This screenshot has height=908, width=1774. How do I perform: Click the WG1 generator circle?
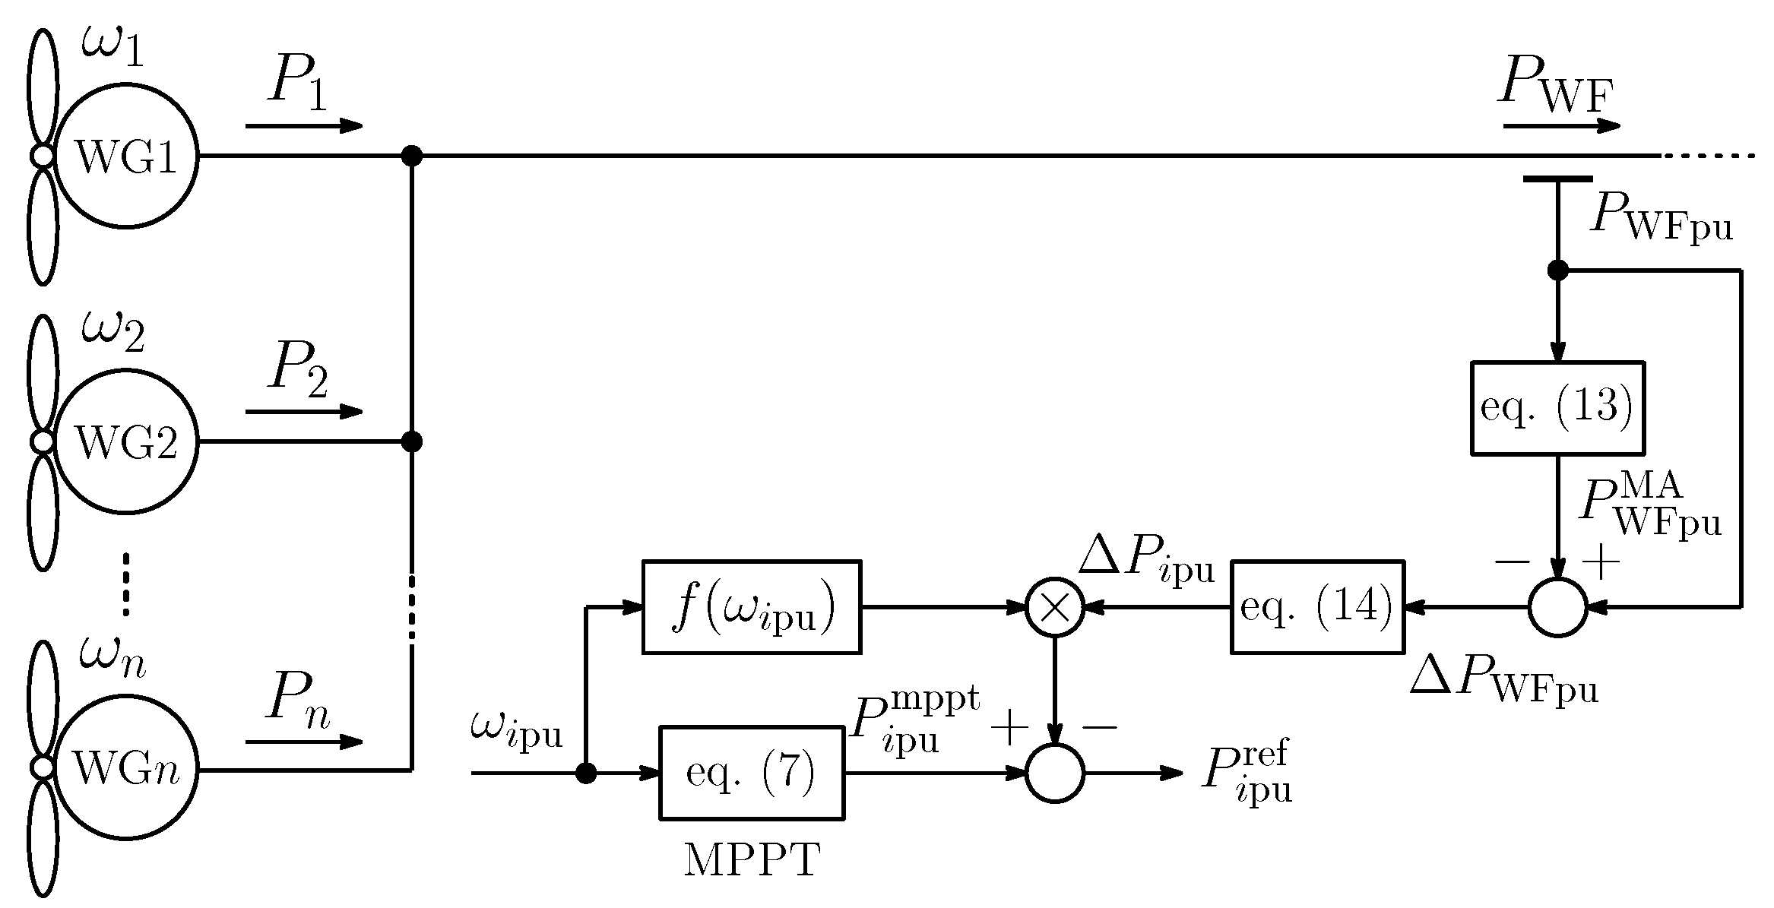click(125, 156)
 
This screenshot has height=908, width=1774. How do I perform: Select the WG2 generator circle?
click(125, 441)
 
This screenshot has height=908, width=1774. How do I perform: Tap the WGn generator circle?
click(125, 769)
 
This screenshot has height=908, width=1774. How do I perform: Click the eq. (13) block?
click(1557, 408)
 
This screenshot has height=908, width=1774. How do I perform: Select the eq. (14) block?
click(1316, 606)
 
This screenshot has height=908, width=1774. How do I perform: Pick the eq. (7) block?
click(751, 773)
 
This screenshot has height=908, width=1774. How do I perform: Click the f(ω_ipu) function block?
click(751, 606)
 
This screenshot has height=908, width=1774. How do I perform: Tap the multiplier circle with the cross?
click(1055, 607)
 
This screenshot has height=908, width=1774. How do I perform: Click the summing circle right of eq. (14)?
click(1557, 607)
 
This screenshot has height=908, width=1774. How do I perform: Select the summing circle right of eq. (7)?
click(1055, 773)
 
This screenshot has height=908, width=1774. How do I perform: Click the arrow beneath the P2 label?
click(304, 412)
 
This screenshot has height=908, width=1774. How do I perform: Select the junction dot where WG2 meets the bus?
click(411, 441)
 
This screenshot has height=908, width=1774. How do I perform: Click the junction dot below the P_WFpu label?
click(1557, 270)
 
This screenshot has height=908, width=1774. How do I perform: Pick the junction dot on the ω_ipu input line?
click(585, 774)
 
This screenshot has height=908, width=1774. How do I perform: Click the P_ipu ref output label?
click(1247, 773)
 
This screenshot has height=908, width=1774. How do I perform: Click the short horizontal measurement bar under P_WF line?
click(1557, 179)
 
